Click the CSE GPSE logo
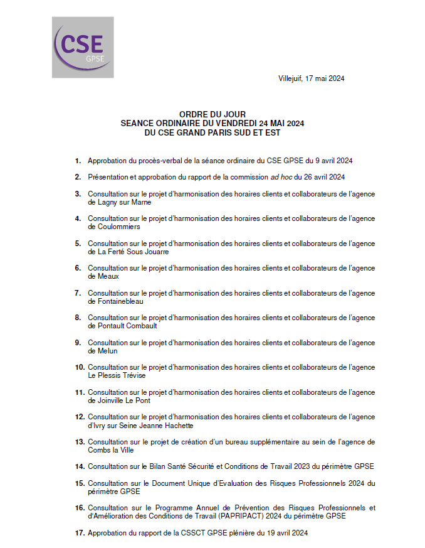(x=83, y=48)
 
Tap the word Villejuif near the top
(x=290, y=78)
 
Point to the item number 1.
(x=78, y=161)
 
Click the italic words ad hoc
(x=283, y=178)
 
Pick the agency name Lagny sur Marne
(x=124, y=203)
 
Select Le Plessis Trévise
(x=117, y=375)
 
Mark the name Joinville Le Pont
(x=123, y=400)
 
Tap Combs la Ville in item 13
(x=110, y=450)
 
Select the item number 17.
(x=80, y=533)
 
